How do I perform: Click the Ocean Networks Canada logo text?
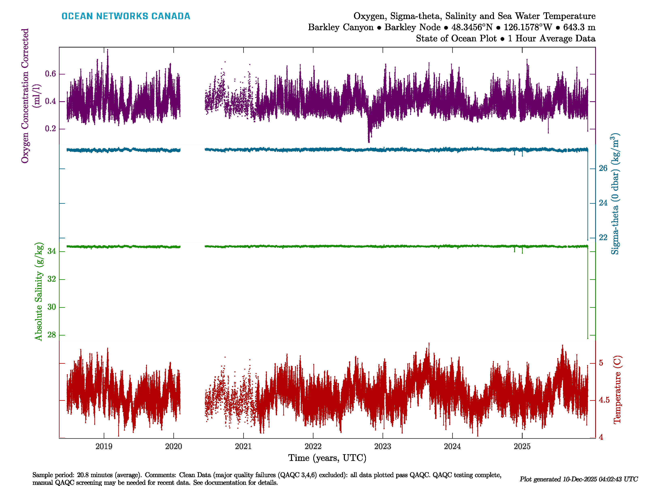coord(126,16)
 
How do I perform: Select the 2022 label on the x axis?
coord(313,447)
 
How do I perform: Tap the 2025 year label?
coord(522,447)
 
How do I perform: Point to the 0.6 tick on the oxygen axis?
coord(50,74)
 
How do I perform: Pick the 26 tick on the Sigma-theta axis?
coord(603,168)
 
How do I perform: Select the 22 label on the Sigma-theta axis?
coord(603,238)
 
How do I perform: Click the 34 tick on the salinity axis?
coord(52,251)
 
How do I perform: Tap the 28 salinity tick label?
coord(52,335)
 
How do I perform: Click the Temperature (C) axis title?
coord(617,390)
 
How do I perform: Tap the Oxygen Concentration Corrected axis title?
coord(25,96)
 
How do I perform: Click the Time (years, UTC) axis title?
coord(327,458)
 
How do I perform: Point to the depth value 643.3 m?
coord(579,27)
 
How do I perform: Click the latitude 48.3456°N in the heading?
coord(472,27)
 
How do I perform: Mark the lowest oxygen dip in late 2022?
coord(369,142)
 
